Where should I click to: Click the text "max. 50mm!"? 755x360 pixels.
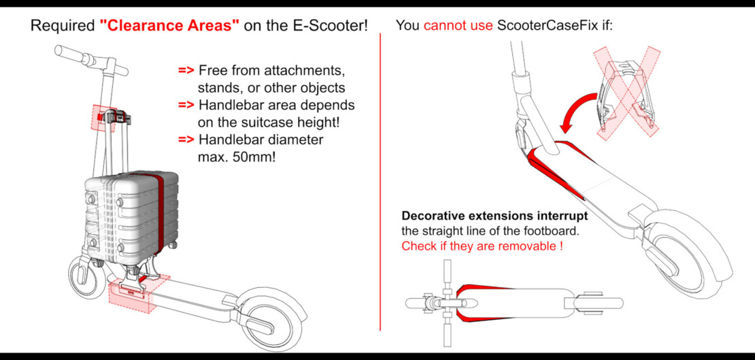(228, 157)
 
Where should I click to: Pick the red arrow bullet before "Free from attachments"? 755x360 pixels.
(186, 71)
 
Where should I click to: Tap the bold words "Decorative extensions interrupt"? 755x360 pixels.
(494, 216)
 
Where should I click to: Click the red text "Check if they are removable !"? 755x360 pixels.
(482, 246)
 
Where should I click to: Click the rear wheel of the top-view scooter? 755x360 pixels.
(599, 303)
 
